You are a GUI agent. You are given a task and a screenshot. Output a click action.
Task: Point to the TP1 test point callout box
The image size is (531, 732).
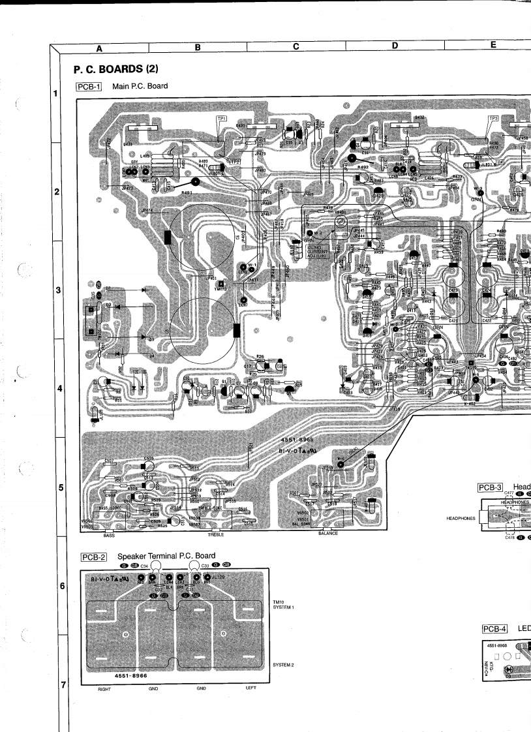[222, 118]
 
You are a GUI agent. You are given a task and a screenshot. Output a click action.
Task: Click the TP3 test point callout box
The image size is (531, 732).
[493, 119]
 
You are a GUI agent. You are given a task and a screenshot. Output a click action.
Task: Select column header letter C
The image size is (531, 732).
[296, 46]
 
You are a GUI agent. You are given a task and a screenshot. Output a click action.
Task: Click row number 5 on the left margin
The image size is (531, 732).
[59, 487]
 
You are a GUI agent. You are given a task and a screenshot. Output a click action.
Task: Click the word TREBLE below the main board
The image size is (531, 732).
[215, 534]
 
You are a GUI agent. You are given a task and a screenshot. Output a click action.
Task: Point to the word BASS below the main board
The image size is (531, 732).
[109, 535]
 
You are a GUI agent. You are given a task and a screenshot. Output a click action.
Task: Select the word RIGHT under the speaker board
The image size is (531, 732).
[104, 688]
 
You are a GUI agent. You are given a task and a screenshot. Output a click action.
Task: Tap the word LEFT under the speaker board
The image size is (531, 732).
[251, 688]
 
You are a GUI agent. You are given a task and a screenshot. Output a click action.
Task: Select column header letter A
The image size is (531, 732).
[99, 47]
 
